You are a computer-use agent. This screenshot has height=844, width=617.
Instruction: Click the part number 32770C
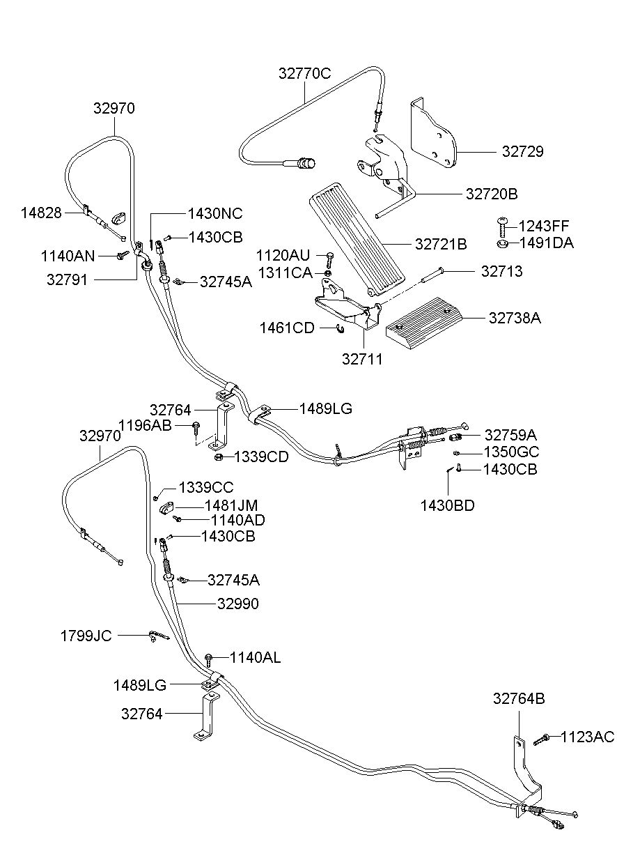(x=304, y=73)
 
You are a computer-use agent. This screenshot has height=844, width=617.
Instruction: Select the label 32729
(x=523, y=151)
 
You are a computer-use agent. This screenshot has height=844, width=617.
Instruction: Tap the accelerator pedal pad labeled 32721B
(x=357, y=239)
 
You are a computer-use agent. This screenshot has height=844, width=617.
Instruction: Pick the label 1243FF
(x=544, y=226)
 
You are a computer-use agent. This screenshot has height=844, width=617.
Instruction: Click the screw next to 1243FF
(x=502, y=227)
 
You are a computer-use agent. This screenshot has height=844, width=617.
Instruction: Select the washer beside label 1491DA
(x=502, y=244)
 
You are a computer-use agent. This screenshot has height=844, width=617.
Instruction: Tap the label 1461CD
(x=287, y=328)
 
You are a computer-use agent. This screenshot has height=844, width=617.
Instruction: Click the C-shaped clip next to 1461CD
(x=340, y=328)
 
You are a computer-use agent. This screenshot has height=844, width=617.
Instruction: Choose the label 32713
(x=502, y=271)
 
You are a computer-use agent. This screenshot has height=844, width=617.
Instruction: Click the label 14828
(x=41, y=213)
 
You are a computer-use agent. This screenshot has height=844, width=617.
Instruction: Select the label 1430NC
(x=215, y=214)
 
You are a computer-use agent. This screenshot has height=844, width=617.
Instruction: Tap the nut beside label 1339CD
(x=218, y=457)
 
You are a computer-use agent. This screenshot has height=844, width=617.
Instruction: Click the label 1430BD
(x=447, y=506)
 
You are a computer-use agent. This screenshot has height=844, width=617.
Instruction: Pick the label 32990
(x=238, y=604)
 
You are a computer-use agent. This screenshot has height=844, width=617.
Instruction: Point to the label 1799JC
(x=86, y=636)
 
